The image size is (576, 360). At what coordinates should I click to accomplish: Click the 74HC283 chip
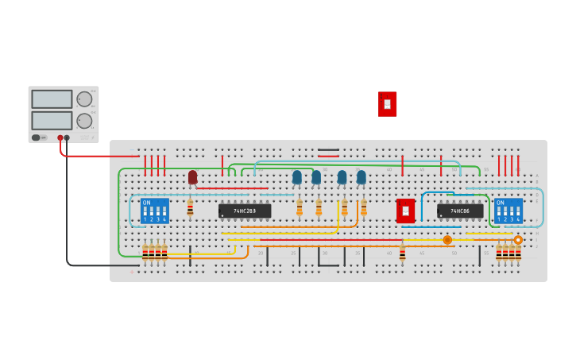click(245, 211)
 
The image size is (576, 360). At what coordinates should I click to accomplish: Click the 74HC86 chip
click(460, 211)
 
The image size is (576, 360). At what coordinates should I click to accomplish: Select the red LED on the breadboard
click(192, 176)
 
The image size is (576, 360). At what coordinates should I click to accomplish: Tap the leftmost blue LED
click(297, 176)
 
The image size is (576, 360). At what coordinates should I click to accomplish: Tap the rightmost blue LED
click(361, 176)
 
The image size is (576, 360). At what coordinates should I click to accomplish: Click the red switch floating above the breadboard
click(387, 103)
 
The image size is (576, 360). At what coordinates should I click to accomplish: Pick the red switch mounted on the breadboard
click(405, 211)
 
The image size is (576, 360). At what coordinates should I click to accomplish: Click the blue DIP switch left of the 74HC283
click(154, 211)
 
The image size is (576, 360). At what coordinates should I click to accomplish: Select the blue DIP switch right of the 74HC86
click(508, 211)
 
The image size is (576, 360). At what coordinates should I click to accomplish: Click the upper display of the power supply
click(52, 99)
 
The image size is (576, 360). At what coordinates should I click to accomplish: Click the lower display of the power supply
click(52, 120)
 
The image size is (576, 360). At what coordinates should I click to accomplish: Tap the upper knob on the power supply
click(83, 99)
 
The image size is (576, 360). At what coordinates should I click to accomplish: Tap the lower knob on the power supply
click(83, 121)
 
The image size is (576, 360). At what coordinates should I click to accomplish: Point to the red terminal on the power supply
click(60, 137)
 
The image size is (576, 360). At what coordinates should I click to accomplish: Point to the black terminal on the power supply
click(67, 137)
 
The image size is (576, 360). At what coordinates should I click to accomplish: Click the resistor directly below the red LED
click(190, 207)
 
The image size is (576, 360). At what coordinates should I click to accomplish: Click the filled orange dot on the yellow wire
click(447, 240)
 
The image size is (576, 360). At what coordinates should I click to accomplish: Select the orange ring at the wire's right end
click(518, 240)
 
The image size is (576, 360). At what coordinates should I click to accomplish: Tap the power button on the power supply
click(37, 137)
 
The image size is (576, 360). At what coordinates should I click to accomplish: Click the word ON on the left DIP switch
click(146, 203)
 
